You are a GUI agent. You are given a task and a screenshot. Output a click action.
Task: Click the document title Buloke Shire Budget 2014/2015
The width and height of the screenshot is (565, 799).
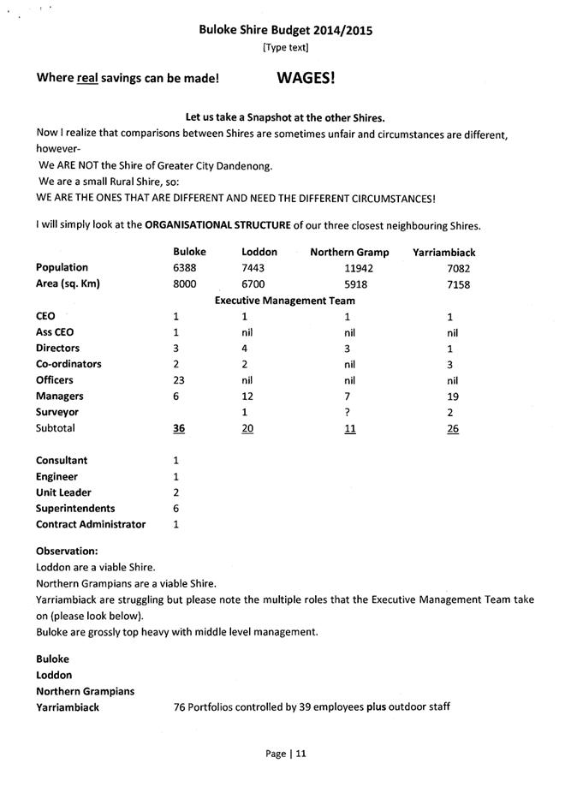[286, 30]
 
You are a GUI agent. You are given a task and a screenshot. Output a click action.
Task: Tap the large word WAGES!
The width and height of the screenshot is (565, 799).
[306, 78]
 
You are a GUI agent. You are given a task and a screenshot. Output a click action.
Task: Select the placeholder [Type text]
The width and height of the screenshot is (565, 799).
[285, 47]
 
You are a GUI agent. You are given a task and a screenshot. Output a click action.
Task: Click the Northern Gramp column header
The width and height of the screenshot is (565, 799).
[349, 253]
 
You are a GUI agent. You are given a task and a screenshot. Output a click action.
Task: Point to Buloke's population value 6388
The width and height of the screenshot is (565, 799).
[185, 268]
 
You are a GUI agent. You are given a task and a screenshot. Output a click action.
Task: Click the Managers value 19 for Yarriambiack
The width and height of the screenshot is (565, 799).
[453, 397]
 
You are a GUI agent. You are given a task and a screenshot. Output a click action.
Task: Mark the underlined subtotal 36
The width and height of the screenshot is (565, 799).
[178, 429]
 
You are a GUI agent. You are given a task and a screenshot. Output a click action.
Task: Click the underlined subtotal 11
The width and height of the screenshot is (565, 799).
[349, 429]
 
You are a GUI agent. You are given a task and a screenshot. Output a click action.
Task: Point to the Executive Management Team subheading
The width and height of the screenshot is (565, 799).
[284, 301]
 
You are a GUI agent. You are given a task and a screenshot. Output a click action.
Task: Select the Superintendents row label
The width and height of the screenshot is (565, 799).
[75, 509]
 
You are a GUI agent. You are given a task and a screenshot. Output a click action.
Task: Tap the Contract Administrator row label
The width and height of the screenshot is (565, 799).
[91, 525]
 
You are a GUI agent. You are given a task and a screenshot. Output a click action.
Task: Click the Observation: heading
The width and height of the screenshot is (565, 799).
[67, 551]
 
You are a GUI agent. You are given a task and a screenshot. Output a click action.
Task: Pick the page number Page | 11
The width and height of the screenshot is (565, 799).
[285, 754]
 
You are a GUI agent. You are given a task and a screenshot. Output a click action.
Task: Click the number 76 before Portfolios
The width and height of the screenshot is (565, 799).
[180, 707]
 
